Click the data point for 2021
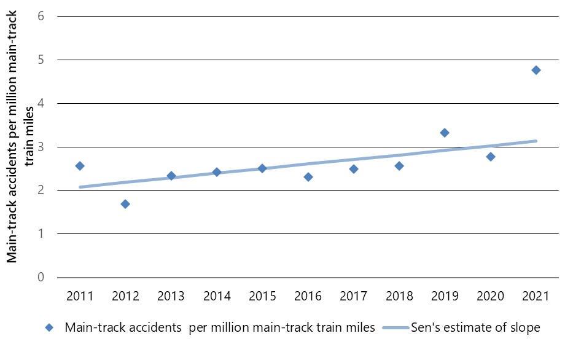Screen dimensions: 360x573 coord(536,70)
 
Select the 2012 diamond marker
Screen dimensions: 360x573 coord(125,204)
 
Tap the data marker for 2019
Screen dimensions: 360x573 coord(445,133)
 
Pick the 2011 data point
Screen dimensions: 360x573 coord(80,166)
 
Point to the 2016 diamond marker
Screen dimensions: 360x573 coord(308,177)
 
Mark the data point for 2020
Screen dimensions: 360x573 coord(490,157)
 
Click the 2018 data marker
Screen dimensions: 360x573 coord(399,166)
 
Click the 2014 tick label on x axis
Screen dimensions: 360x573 coord(216,297)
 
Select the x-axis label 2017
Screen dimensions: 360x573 coord(353,297)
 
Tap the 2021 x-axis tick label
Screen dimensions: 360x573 coord(536,297)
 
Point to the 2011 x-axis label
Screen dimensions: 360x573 coord(80,297)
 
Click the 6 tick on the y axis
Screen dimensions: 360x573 coord(41,16)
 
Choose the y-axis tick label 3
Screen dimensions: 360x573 coord(41,147)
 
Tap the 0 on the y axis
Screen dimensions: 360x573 coord(41,277)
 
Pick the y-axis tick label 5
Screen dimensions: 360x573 coord(41,60)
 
